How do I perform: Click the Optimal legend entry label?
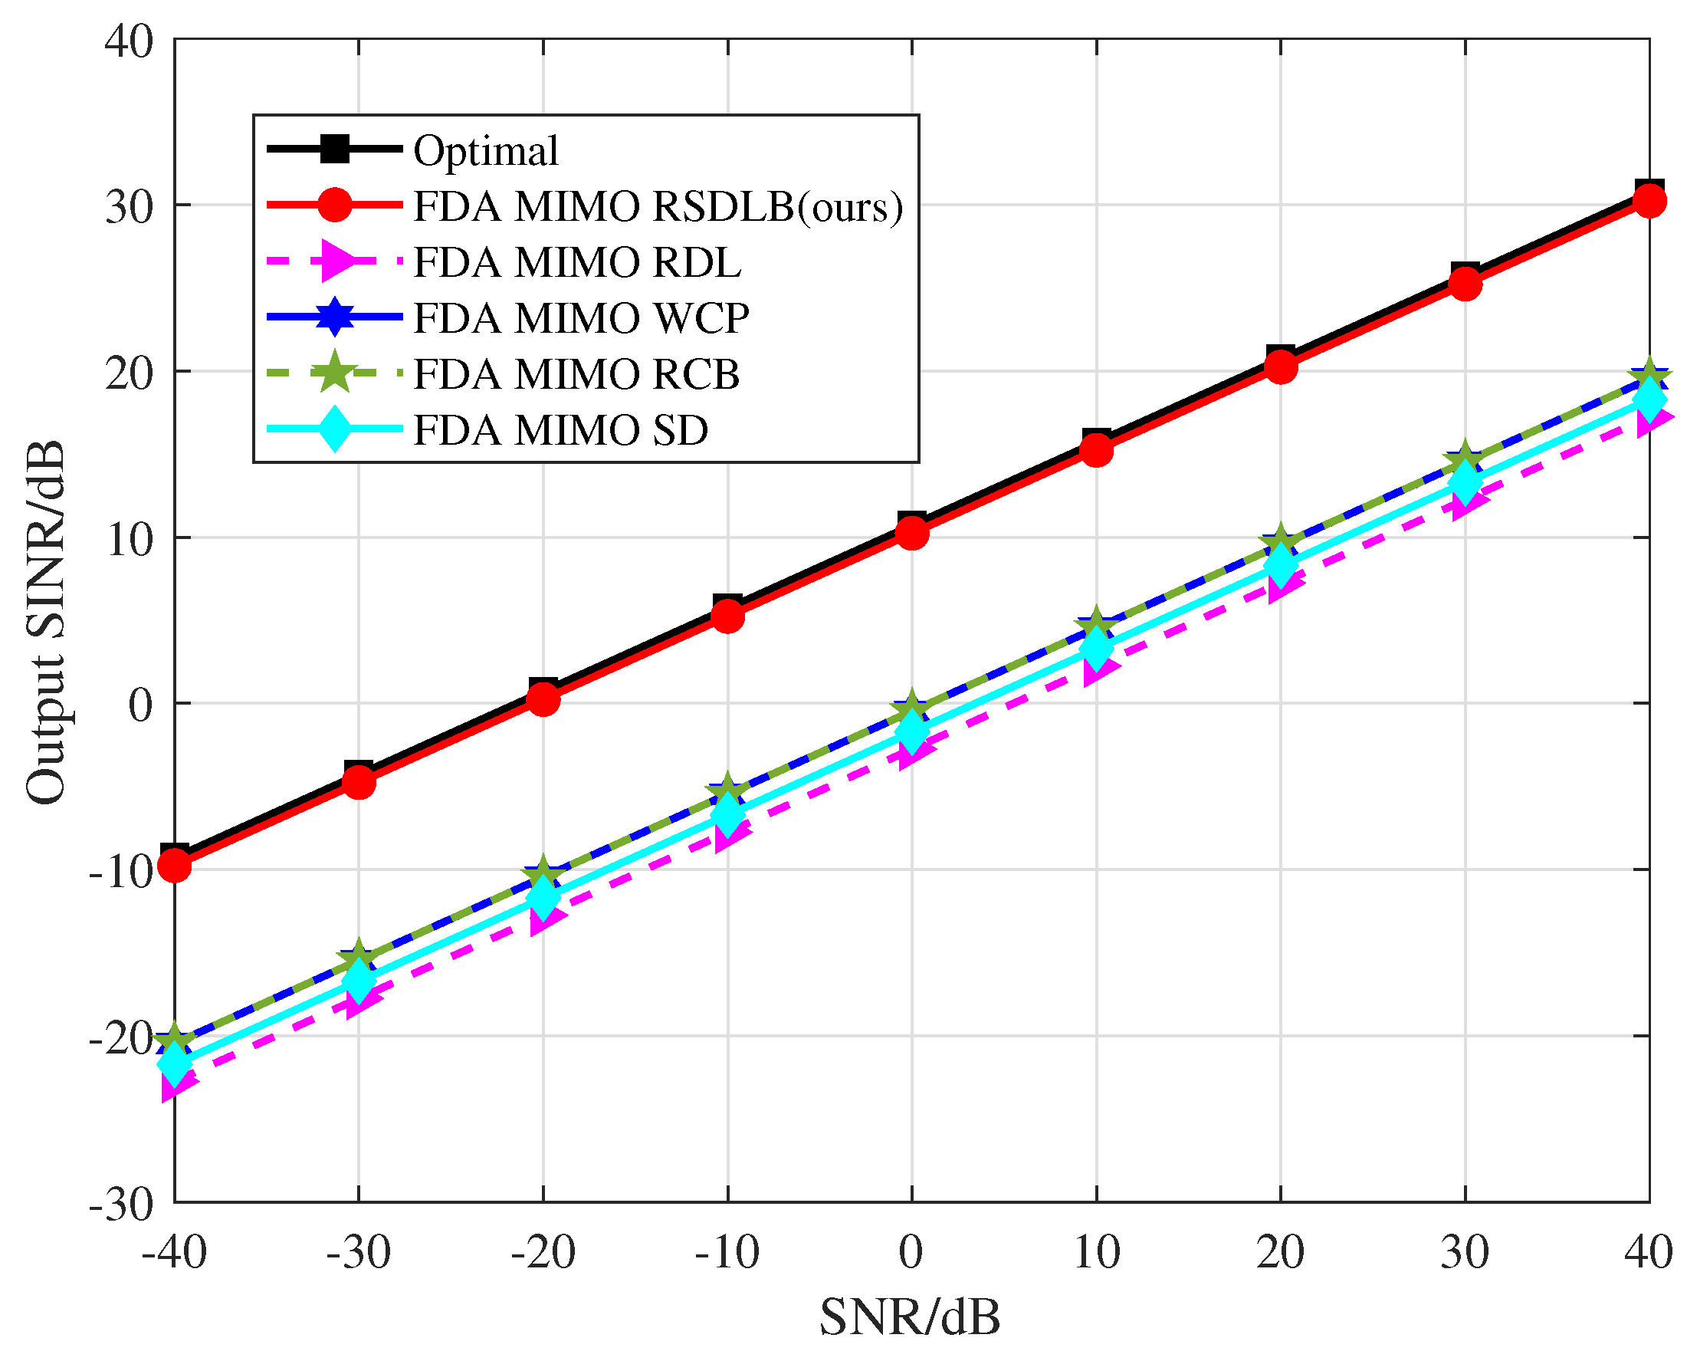pos(486,150)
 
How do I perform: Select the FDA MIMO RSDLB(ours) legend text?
pos(658,207)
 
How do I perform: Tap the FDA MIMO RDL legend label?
pos(576,262)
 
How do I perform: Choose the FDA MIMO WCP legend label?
pos(580,317)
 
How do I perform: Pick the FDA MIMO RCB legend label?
pos(576,374)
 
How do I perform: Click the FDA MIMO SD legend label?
pos(560,430)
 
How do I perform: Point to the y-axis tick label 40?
pos(129,41)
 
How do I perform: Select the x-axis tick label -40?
pos(174,1251)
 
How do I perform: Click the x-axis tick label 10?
pos(1096,1251)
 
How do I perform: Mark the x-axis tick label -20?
pos(543,1251)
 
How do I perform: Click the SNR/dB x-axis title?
pos(910,1317)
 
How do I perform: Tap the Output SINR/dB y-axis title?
pos(45,623)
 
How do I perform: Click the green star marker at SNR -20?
pos(543,876)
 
